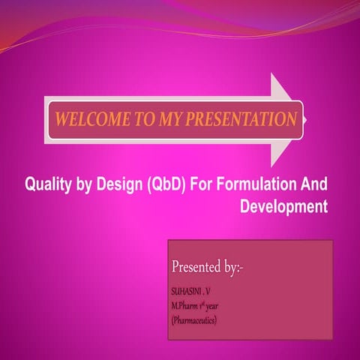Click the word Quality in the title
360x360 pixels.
(x=49, y=185)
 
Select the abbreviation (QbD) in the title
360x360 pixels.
(x=163, y=185)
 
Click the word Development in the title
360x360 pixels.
(x=283, y=205)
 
